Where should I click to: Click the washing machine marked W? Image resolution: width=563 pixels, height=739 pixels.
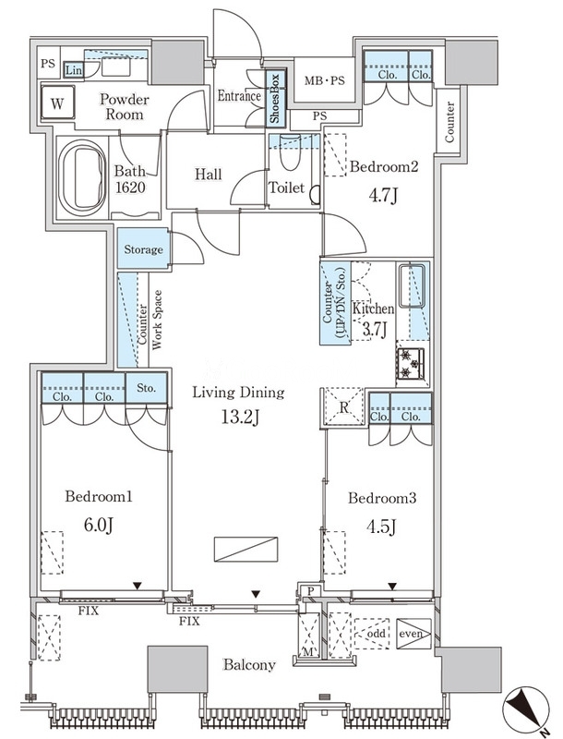[x=57, y=103]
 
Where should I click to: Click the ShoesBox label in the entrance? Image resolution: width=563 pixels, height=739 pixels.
[x=274, y=98]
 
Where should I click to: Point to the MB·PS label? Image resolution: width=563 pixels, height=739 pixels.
[x=324, y=80]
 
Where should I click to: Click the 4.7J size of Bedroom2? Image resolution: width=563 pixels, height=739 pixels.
[x=384, y=194]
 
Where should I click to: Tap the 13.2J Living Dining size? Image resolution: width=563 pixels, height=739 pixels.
[x=241, y=417]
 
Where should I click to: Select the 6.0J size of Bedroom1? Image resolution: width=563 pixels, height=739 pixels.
[x=99, y=524]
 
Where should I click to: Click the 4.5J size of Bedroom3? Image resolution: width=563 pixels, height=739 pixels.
[x=382, y=526]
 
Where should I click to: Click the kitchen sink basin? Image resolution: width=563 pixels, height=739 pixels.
[x=412, y=285]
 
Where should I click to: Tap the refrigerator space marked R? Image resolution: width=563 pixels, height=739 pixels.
[x=344, y=407]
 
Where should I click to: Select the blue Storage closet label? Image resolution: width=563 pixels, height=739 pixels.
[x=144, y=249]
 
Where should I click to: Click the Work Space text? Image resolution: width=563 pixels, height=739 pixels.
[x=157, y=320]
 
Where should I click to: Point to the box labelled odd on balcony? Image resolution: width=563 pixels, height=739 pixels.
[x=375, y=634]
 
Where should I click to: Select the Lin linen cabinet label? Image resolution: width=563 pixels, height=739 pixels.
[x=74, y=71]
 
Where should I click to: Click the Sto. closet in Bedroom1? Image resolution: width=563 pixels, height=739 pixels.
[x=147, y=388]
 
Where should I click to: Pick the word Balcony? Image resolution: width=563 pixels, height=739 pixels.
[x=249, y=665]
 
